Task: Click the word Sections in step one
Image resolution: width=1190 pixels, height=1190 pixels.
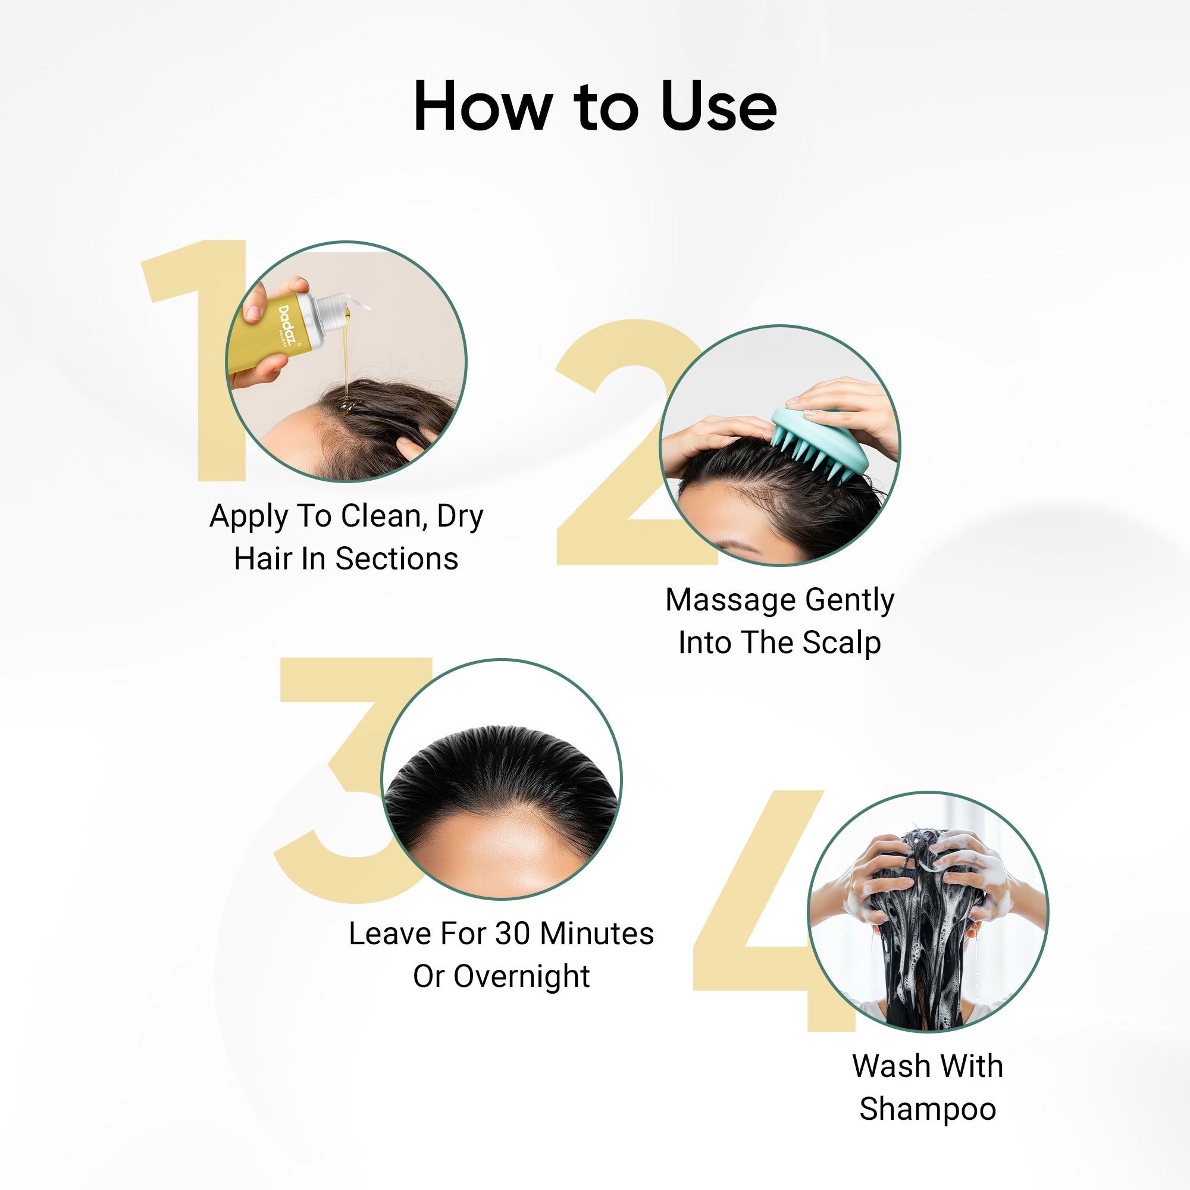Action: click(x=397, y=559)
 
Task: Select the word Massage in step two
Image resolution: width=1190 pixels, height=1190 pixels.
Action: click(x=731, y=600)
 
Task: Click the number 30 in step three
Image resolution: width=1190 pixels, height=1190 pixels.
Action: click(x=512, y=934)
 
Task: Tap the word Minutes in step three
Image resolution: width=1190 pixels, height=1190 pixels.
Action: click(x=597, y=934)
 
